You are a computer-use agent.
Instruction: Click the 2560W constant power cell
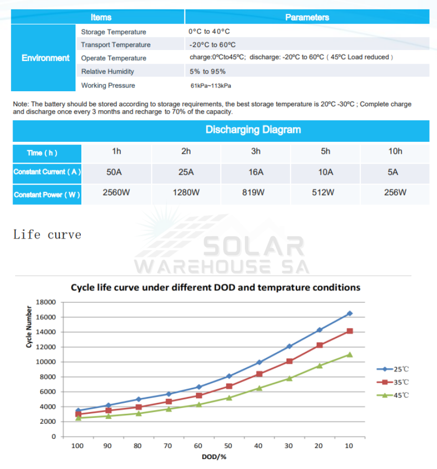(x=116, y=192)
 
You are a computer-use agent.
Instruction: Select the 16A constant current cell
(x=256, y=172)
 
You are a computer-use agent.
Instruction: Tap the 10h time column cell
(x=395, y=151)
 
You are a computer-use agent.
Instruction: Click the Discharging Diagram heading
(x=253, y=130)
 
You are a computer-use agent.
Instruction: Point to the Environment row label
(x=45, y=58)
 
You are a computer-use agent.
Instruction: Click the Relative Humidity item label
(x=107, y=71)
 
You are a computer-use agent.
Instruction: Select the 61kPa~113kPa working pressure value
(x=210, y=85)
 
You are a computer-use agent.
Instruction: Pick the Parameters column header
(x=307, y=17)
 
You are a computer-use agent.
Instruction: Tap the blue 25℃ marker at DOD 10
(x=349, y=313)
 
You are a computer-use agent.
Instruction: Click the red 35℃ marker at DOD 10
(x=349, y=331)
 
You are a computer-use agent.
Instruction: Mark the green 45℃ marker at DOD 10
(x=349, y=354)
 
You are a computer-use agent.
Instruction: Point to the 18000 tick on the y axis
(x=45, y=302)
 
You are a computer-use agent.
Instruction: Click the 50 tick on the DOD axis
(x=229, y=446)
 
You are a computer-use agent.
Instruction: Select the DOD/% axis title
(x=214, y=457)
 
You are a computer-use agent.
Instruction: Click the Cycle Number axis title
(x=29, y=327)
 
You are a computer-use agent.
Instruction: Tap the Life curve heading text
(x=47, y=234)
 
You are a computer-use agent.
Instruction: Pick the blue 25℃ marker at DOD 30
(x=290, y=346)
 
